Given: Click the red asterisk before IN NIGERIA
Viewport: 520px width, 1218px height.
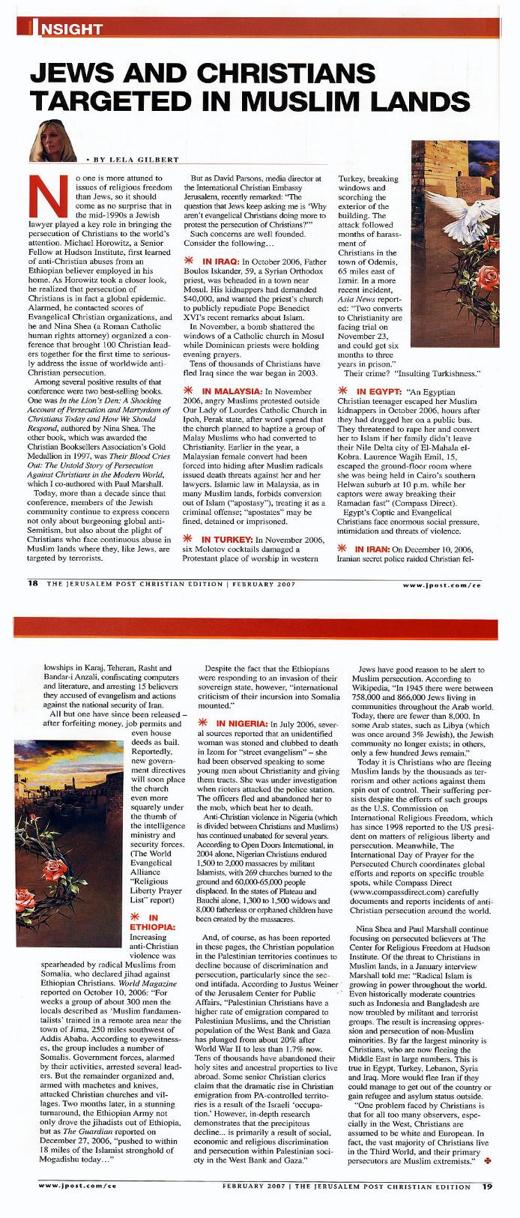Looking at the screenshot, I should coord(202,723).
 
